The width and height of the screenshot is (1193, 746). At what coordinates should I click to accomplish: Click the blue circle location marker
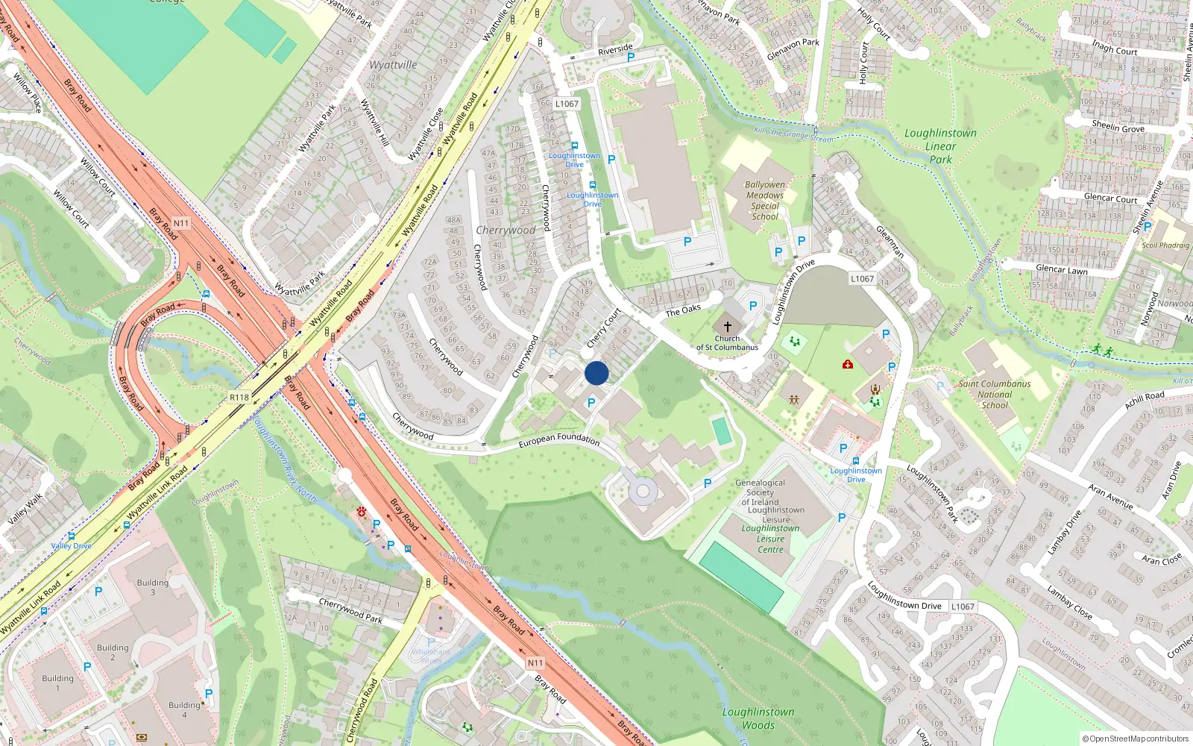click(596, 373)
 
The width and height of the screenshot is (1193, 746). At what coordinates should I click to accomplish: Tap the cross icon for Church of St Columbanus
click(728, 327)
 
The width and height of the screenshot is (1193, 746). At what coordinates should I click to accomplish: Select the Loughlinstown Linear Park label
click(940, 145)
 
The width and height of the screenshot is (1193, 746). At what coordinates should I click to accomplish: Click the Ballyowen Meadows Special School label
click(765, 201)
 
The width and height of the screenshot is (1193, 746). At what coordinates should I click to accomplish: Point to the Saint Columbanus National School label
click(995, 395)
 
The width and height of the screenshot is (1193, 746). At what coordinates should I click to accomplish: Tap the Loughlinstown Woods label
click(758, 718)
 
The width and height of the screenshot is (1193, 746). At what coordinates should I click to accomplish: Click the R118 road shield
click(239, 398)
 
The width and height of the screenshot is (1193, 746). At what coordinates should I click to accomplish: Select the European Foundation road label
click(559, 440)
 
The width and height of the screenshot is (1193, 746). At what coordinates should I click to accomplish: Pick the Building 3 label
click(153, 587)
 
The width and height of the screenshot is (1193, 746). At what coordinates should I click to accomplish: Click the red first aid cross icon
click(848, 364)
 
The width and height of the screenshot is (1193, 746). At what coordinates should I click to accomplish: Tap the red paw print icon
click(362, 513)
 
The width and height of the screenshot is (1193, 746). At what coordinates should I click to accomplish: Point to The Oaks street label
click(683, 310)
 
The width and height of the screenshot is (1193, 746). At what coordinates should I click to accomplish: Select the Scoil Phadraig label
click(1166, 245)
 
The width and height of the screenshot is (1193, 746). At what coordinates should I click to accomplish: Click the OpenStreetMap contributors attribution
click(1136, 739)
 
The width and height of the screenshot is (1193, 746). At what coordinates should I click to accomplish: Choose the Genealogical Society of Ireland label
click(760, 492)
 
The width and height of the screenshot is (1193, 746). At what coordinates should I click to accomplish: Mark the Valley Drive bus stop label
click(72, 545)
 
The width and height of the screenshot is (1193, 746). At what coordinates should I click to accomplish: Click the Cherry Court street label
click(603, 328)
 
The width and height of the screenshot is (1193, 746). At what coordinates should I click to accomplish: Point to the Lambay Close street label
click(1069, 604)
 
